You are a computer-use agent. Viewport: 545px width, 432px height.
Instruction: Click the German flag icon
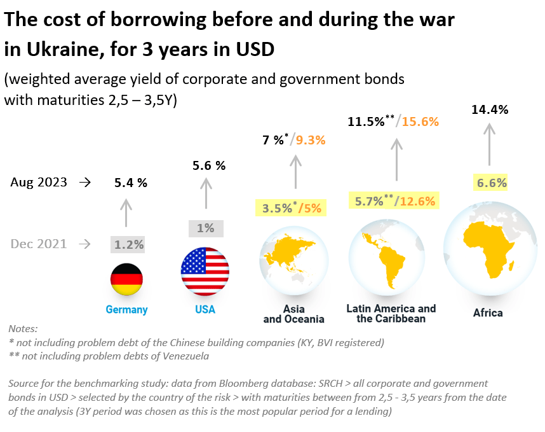tap(127, 279)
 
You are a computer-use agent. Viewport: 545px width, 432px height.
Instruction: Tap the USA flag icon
tap(205, 270)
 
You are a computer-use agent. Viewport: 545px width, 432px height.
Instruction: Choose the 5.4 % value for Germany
tap(131, 183)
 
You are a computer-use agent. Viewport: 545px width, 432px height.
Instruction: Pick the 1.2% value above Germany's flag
tap(128, 244)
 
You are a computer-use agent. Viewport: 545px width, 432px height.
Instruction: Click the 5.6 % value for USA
tap(209, 165)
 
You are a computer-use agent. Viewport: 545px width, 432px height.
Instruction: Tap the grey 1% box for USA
tap(206, 228)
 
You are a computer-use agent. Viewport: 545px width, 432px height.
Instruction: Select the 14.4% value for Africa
tap(490, 109)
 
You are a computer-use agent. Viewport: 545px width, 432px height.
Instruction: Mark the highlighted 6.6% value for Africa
tap(492, 183)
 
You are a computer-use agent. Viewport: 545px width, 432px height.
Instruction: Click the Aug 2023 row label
tap(39, 182)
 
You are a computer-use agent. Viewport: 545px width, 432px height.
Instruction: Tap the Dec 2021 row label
tap(39, 244)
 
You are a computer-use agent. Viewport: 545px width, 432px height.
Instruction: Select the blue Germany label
tap(126, 310)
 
